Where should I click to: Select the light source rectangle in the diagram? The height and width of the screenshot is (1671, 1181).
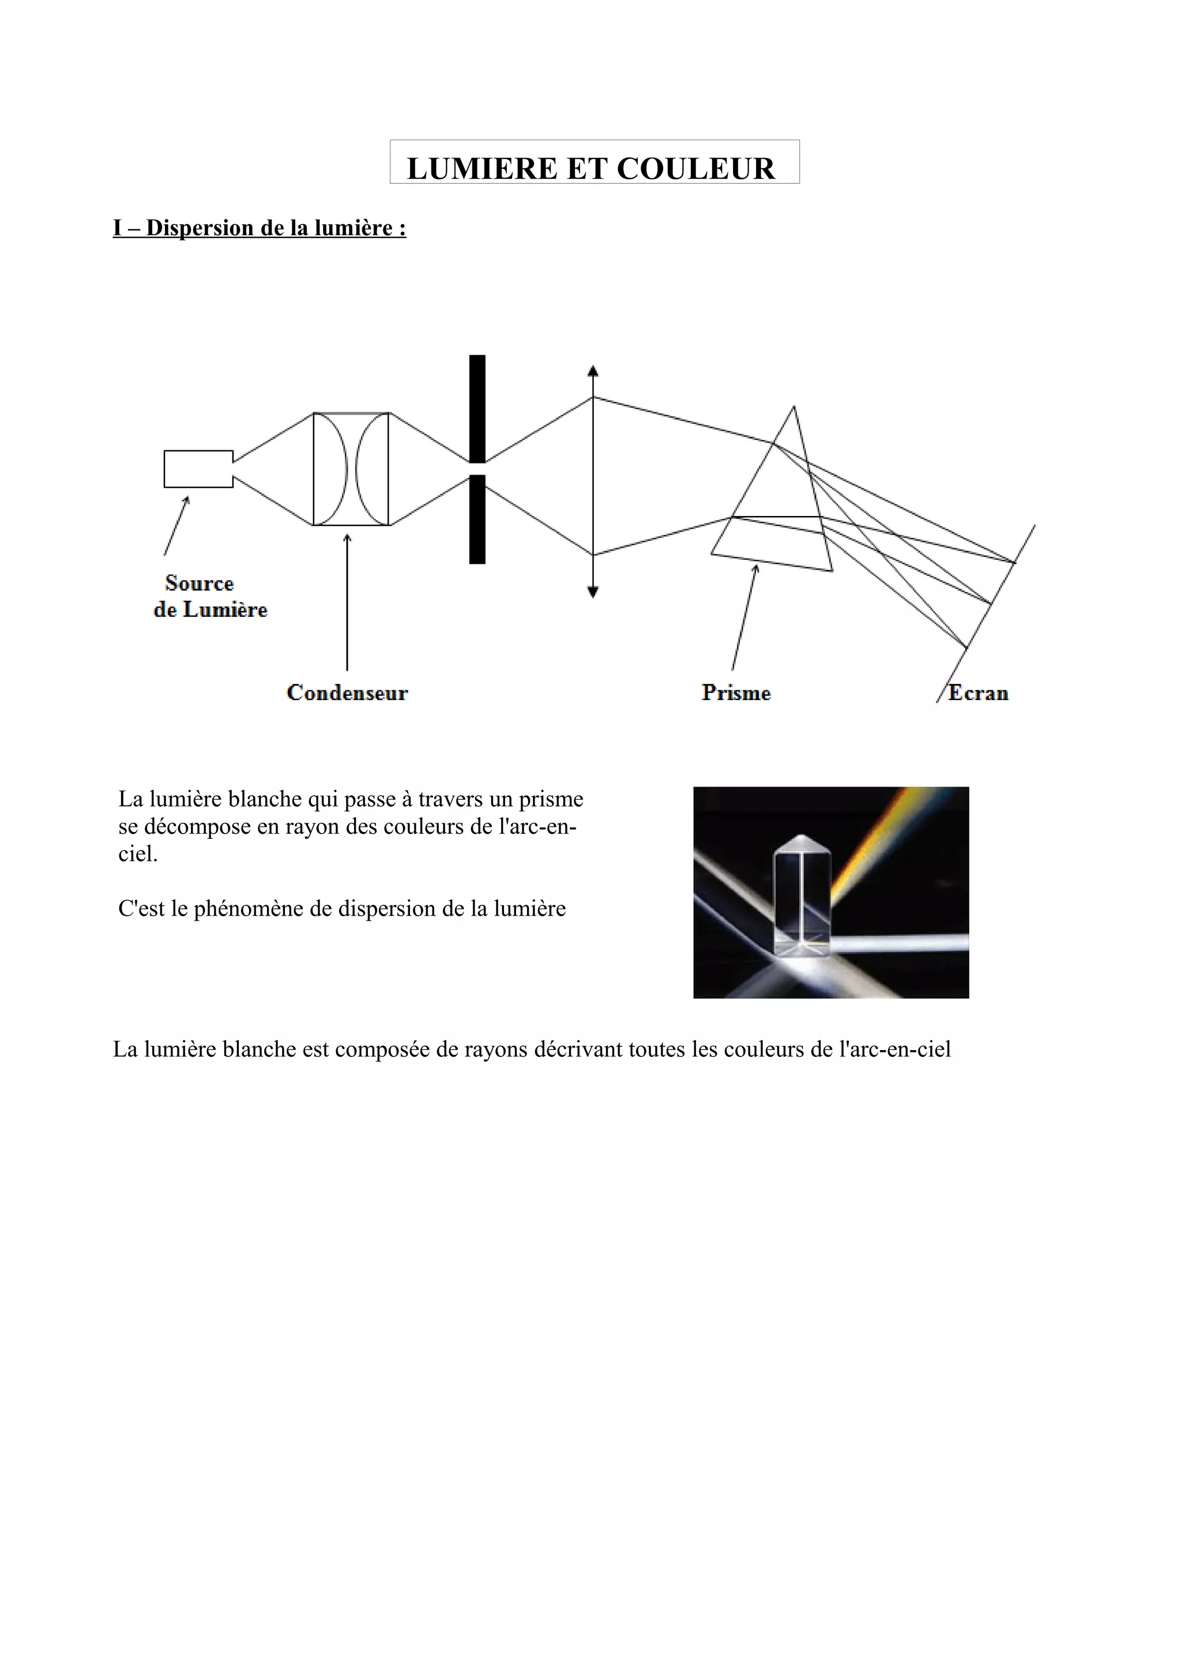tap(198, 469)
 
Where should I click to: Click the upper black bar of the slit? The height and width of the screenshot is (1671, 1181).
tap(477, 408)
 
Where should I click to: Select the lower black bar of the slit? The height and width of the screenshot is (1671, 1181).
tap(477, 519)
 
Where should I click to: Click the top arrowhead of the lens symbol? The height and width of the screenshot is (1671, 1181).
tap(593, 370)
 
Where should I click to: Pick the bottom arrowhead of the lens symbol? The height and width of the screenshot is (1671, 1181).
tap(593, 592)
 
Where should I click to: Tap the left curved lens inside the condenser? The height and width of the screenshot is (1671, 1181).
tap(332, 469)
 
